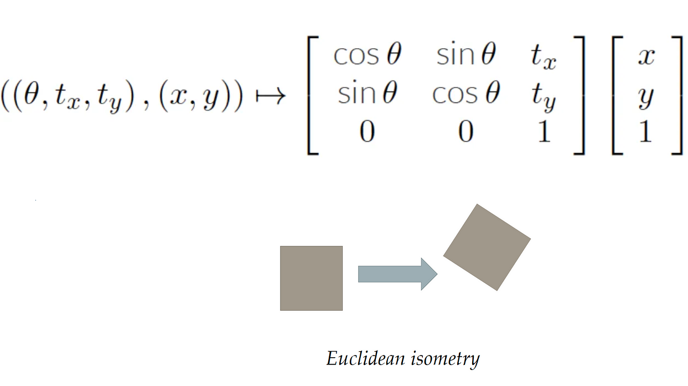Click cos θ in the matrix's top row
click(367, 56)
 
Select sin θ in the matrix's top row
click(465, 56)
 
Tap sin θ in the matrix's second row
click(367, 95)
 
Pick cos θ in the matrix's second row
click(465, 95)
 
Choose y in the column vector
click(646, 96)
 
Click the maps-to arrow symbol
click(270, 96)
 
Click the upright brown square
click(311, 278)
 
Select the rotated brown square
click(487, 247)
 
